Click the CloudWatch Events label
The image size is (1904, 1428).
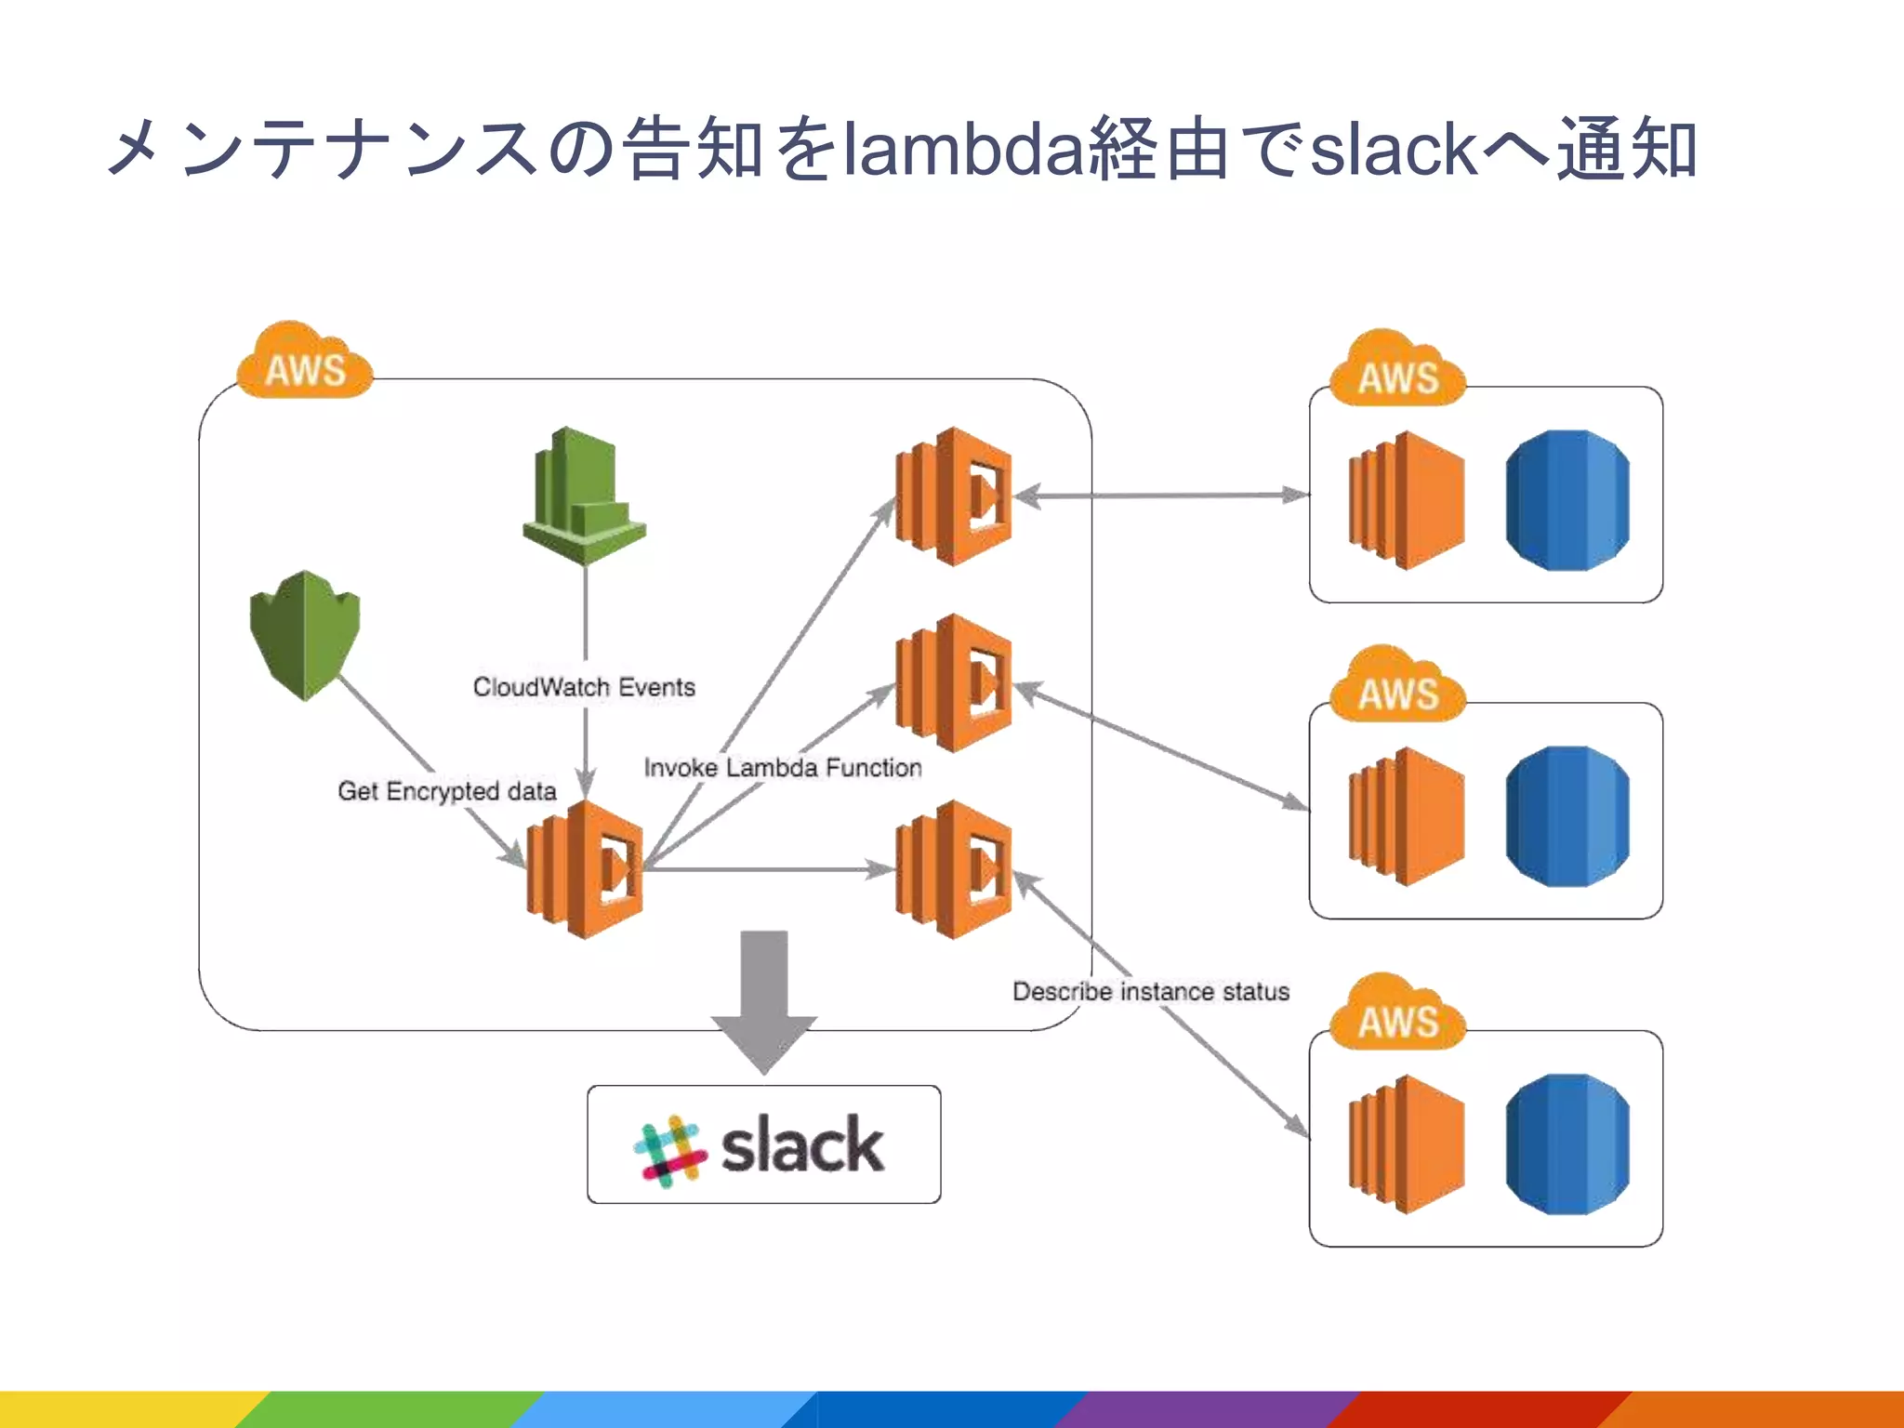[x=584, y=687]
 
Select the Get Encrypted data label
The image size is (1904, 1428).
[x=447, y=791]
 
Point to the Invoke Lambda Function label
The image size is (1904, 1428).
[x=783, y=768]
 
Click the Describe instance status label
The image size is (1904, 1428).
[x=1151, y=991]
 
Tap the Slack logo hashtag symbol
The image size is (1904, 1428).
[x=668, y=1150]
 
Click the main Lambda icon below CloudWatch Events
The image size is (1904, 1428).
[x=585, y=869]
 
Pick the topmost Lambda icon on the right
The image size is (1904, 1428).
[x=953, y=496]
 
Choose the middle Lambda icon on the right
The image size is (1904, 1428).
[x=953, y=682]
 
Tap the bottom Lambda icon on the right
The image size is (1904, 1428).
[x=953, y=869]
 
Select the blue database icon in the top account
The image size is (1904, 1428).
[x=1567, y=499]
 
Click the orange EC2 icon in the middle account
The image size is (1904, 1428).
[x=1407, y=816]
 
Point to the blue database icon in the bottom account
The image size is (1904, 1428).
[x=1567, y=1144]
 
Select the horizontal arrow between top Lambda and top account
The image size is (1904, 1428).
[x=1162, y=496]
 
